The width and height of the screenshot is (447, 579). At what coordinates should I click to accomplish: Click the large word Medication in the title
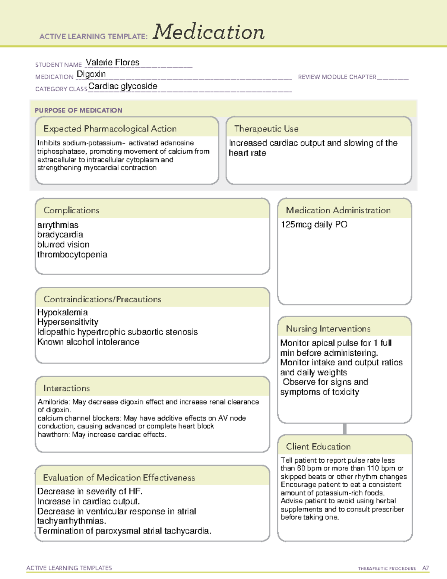pos(209,32)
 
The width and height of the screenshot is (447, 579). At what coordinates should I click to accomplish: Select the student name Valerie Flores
pos(112,62)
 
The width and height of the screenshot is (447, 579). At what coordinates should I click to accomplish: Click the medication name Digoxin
pos(91,74)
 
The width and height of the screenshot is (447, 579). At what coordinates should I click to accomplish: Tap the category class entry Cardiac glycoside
pos(123,86)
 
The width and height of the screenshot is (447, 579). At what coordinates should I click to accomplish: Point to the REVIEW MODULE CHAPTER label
pos(337,77)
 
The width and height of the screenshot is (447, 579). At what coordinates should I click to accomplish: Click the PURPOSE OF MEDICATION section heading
pos(78,110)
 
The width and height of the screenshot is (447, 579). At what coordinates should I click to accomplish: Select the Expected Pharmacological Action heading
pos(110,129)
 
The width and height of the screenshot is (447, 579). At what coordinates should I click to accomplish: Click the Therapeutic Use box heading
pos(266,129)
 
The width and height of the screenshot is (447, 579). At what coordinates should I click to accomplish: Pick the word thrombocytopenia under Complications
pos(72,255)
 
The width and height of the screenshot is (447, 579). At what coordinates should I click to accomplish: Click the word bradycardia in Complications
pos(60,235)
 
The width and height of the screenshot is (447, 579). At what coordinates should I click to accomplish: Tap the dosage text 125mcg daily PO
pos(314,224)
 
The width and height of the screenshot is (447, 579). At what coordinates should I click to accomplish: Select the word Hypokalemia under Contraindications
pos(63,312)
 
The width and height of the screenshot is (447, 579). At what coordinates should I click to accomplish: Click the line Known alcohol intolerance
pos(88,342)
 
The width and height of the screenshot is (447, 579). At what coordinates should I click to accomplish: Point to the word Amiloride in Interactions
pos(53,402)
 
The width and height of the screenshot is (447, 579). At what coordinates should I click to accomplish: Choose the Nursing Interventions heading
pos(328,329)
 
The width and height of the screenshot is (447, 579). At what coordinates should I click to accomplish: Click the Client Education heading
pos(318,447)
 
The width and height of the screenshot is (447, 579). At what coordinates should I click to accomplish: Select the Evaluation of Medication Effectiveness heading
pos(119,478)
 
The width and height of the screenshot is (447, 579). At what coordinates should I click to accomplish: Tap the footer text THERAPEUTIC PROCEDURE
pos(387,569)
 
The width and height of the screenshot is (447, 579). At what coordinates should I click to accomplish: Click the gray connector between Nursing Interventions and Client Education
pos(345,429)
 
